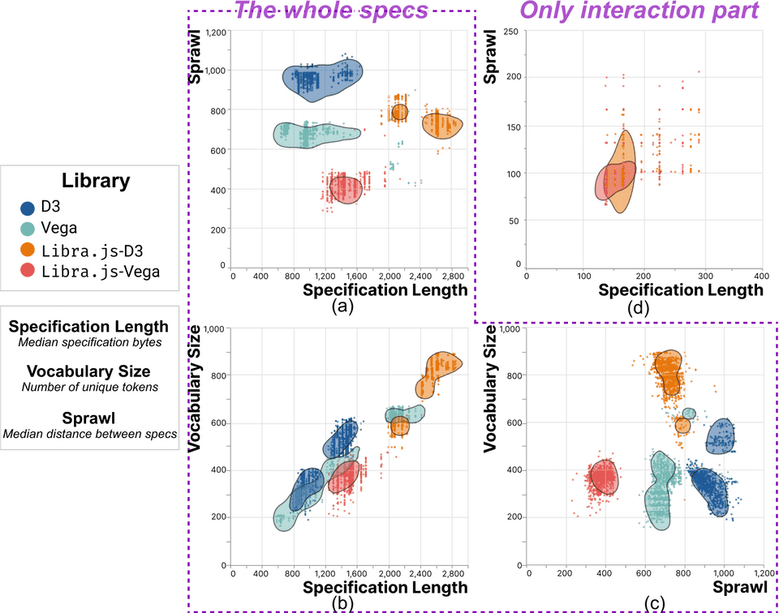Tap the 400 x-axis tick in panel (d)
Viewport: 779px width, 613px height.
click(761, 276)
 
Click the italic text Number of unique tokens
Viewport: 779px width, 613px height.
click(88, 388)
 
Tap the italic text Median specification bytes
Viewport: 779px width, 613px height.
click(88, 343)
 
